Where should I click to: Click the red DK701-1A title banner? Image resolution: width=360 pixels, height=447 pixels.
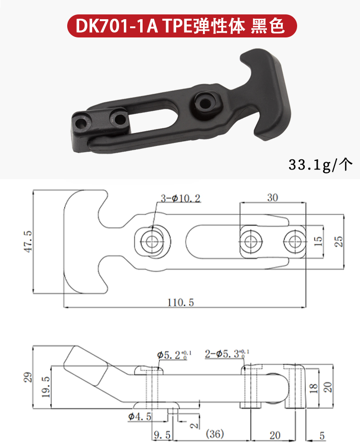coord(182,26)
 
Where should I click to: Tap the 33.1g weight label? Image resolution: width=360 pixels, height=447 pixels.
coord(320,165)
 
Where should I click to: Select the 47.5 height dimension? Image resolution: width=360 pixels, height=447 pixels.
coord(28,242)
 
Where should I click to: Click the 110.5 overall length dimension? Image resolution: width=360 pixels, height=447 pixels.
coord(180,302)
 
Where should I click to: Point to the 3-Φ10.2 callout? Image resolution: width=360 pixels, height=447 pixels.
coord(180,198)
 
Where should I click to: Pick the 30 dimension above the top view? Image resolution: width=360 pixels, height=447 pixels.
coord(273,197)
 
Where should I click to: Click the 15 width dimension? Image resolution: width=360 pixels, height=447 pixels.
coord(318,241)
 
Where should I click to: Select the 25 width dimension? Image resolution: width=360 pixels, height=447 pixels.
coord(338,241)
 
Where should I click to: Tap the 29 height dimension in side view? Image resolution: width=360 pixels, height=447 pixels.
coord(28,377)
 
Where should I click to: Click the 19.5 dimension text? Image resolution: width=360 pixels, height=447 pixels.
coord(46,387)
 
